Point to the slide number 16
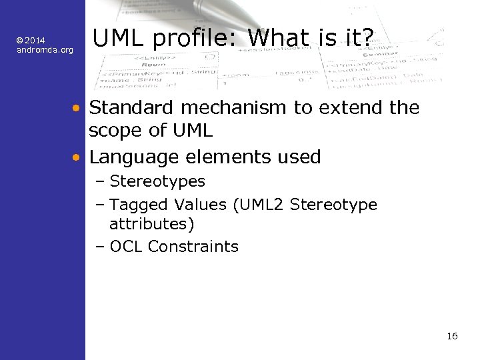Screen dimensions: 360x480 point(452,336)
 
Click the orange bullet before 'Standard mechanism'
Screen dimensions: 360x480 point(77,108)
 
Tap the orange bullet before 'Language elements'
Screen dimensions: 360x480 point(77,158)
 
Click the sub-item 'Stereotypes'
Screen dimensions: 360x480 point(157,181)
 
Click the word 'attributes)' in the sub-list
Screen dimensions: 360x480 point(152,223)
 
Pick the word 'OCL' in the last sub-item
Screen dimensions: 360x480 point(127,247)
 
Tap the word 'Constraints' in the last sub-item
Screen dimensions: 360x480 point(193,247)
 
